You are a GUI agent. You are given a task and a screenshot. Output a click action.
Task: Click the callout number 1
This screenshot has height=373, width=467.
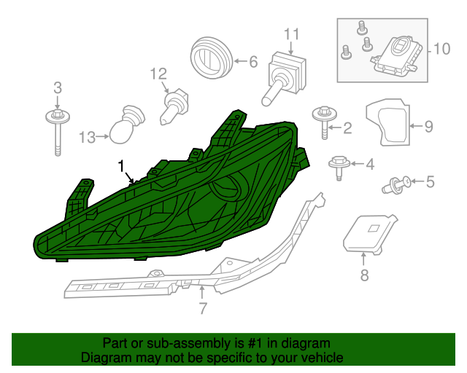click(121, 166)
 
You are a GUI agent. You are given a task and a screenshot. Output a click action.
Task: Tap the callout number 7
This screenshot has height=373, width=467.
click(203, 308)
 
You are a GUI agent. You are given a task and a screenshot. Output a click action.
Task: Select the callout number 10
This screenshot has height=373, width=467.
click(441, 49)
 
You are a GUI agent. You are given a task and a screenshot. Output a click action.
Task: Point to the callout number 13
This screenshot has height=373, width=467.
click(87, 138)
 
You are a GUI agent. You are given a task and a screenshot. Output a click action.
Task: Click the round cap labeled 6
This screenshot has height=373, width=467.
click(211, 58)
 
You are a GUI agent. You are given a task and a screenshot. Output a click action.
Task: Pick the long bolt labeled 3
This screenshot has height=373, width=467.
click(58, 133)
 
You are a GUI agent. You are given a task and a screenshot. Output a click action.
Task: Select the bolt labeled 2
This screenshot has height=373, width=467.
click(325, 122)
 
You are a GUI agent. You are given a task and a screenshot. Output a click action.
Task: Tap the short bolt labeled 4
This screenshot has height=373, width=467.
click(339, 168)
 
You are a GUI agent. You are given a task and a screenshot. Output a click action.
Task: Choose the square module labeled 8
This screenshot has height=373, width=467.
click(369, 235)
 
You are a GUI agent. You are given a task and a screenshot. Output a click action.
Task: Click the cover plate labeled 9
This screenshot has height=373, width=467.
click(387, 122)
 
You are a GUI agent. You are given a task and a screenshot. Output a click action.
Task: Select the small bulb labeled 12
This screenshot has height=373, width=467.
click(174, 106)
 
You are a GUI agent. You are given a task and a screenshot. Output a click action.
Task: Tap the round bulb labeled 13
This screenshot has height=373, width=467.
click(127, 125)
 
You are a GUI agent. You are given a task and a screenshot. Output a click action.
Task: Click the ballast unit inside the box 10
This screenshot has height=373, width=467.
click(397, 57)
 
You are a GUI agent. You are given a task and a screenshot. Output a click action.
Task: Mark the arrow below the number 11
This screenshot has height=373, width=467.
click(290, 47)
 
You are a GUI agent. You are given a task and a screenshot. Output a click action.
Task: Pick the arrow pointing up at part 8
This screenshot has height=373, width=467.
click(363, 259)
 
